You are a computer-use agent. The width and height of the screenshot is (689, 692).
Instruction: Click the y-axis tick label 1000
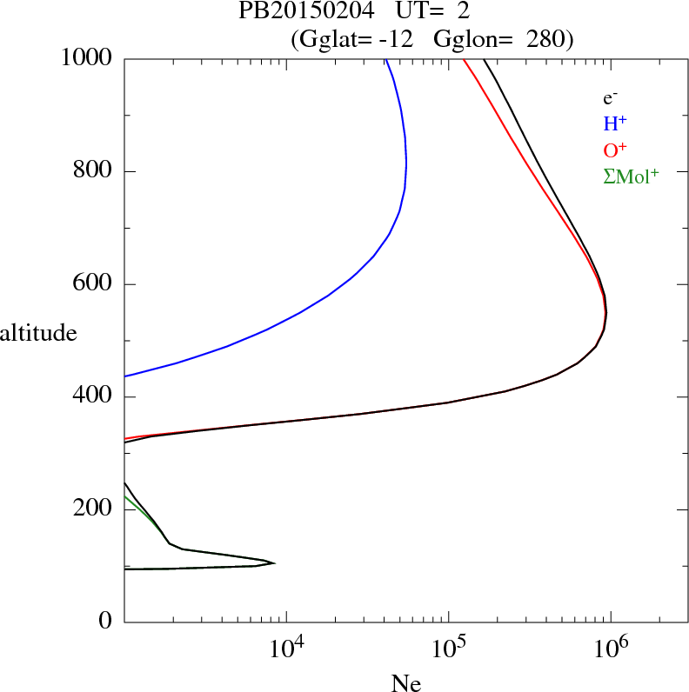point(87,58)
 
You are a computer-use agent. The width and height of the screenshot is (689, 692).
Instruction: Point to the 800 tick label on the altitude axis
point(94,171)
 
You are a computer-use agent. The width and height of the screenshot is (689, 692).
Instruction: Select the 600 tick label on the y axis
point(94,284)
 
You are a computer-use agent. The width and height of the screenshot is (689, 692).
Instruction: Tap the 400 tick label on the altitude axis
point(94,397)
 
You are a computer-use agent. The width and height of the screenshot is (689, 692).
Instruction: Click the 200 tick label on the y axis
point(94,509)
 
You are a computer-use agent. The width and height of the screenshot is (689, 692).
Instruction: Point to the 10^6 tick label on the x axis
point(611,649)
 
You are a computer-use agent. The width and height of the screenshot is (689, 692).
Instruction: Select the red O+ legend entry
point(616,150)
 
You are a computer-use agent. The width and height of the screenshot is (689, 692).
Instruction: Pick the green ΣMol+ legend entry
point(630,176)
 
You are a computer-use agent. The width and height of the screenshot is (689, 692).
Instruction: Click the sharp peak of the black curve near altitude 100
point(275,563)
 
